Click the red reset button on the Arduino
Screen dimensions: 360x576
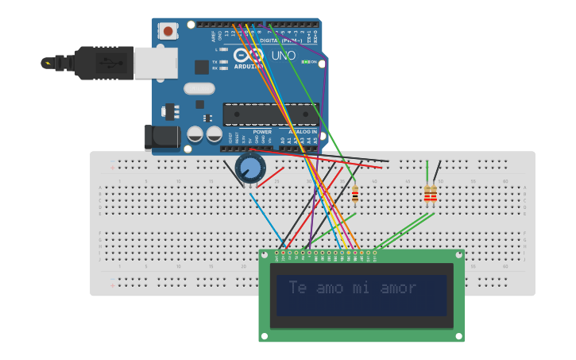(x=168, y=31)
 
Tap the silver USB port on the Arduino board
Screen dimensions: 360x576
(x=156, y=63)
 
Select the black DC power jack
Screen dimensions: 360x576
(x=162, y=137)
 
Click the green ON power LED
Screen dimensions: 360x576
(x=306, y=62)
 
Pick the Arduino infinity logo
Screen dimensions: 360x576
(x=249, y=56)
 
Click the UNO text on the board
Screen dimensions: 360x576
(x=283, y=56)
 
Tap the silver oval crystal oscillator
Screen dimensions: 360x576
(x=199, y=89)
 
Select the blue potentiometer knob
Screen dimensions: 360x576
(x=250, y=168)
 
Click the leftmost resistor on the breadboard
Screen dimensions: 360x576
(x=355, y=194)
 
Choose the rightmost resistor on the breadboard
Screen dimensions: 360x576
(x=433, y=194)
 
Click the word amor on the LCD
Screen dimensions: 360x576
(x=398, y=288)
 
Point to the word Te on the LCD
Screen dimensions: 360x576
(x=297, y=288)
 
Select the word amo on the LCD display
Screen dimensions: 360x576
(x=330, y=288)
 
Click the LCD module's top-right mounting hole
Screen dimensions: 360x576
(x=458, y=256)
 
